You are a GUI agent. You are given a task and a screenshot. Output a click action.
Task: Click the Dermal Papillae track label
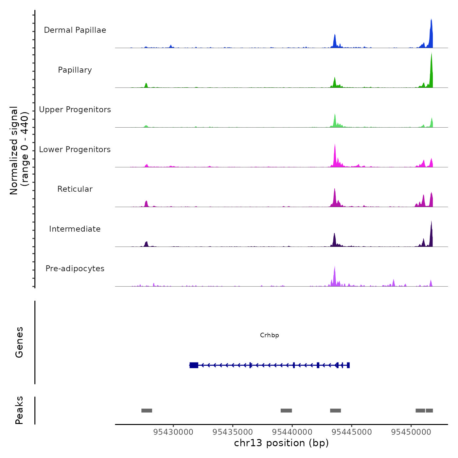[x=75, y=30]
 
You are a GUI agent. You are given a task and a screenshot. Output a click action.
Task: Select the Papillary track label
[x=75, y=70]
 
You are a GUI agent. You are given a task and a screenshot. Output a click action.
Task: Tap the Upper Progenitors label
[x=75, y=110]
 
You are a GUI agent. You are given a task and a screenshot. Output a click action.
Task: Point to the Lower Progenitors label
[x=75, y=150]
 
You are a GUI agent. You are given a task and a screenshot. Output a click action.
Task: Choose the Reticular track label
[x=75, y=189]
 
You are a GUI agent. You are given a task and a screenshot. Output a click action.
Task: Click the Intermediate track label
[x=75, y=229]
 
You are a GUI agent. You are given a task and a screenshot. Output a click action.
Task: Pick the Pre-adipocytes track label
[x=75, y=269]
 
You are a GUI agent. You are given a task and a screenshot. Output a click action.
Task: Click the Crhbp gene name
[x=269, y=335]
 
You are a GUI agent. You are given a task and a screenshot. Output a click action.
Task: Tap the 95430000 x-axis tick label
[x=173, y=432]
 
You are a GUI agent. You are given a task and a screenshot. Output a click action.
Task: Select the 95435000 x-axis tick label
[x=233, y=432]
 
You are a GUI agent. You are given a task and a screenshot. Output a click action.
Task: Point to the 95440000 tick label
[x=292, y=432]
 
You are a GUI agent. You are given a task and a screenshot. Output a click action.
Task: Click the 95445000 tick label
[x=352, y=432]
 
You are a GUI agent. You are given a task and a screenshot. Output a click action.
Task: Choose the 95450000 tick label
[x=411, y=432]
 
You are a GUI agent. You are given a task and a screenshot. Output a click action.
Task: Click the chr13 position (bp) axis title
[x=281, y=443]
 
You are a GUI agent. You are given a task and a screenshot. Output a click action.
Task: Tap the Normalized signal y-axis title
[x=19, y=150]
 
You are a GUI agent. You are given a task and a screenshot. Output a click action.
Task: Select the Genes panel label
[x=19, y=342]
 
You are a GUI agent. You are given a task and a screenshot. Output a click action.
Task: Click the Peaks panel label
[x=19, y=410]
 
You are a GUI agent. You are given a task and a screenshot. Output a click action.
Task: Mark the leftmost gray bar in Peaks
[x=147, y=411]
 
